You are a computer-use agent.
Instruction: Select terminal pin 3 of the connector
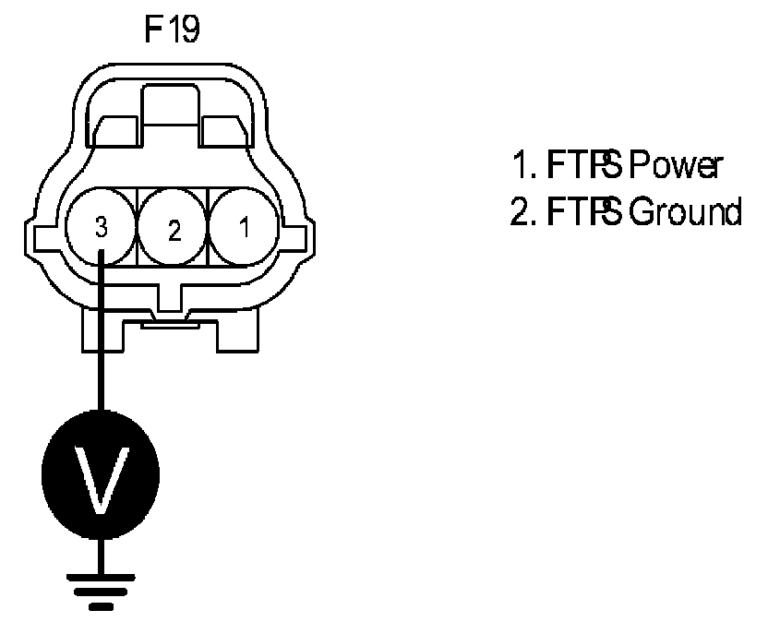(x=102, y=226)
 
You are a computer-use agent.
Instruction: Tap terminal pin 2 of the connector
(x=174, y=229)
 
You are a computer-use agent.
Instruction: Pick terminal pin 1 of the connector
(x=244, y=227)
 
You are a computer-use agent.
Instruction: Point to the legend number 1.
(x=518, y=167)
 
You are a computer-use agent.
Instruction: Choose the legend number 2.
(x=518, y=213)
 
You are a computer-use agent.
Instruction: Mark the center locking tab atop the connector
(x=173, y=106)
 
